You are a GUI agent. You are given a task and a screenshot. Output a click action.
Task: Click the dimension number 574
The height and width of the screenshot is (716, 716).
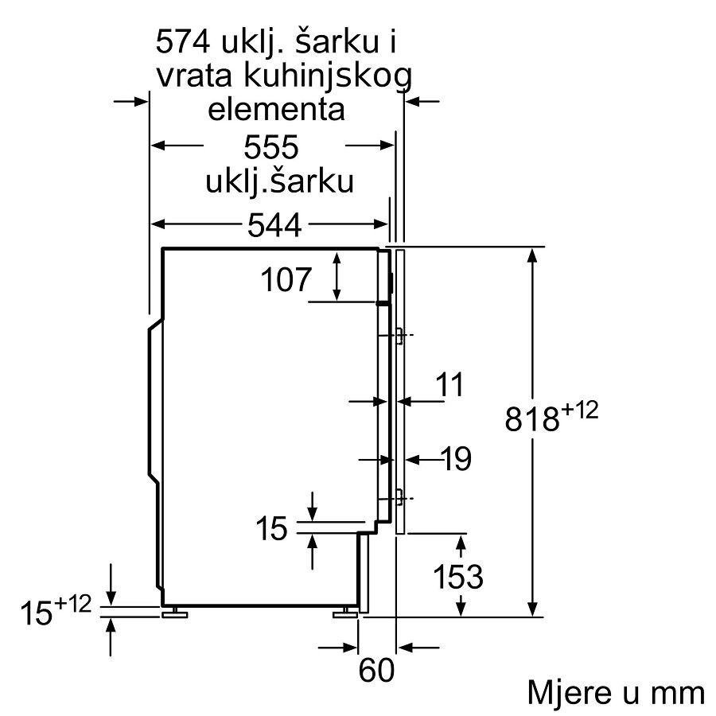[x=183, y=42]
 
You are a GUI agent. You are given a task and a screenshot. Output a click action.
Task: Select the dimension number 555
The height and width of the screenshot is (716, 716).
[x=271, y=146]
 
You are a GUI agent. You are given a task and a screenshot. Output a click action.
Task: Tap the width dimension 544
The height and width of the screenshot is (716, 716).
[x=274, y=224]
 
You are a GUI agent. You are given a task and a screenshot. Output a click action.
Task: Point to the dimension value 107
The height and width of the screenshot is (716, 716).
[x=286, y=279]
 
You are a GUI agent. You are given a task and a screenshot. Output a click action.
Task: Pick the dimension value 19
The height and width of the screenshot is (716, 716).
[x=457, y=459]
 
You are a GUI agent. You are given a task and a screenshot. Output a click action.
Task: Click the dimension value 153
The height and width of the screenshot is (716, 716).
[x=457, y=577]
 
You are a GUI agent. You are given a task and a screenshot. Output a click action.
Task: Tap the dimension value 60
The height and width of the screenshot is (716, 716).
[x=376, y=671]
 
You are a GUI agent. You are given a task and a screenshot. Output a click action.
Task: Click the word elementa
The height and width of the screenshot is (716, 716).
[x=276, y=110]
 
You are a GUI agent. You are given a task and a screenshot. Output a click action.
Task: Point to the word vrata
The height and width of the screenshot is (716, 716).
[x=195, y=76]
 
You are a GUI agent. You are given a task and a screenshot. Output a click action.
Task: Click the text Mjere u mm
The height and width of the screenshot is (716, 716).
[x=616, y=693]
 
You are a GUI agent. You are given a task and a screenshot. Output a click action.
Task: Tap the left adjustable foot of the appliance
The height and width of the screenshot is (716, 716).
[x=175, y=613]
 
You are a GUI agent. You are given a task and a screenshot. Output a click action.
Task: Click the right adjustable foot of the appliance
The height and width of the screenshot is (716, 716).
[x=345, y=613]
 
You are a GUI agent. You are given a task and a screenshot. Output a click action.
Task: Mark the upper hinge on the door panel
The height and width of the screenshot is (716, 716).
[x=399, y=336]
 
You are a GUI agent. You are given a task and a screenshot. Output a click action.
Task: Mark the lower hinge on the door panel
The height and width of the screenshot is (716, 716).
[x=399, y=498]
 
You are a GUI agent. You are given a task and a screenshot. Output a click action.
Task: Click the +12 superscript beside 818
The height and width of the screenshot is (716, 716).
[x=579, y=410]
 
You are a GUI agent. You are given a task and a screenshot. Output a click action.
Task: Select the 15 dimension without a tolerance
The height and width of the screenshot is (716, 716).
[x=272, y=529]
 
